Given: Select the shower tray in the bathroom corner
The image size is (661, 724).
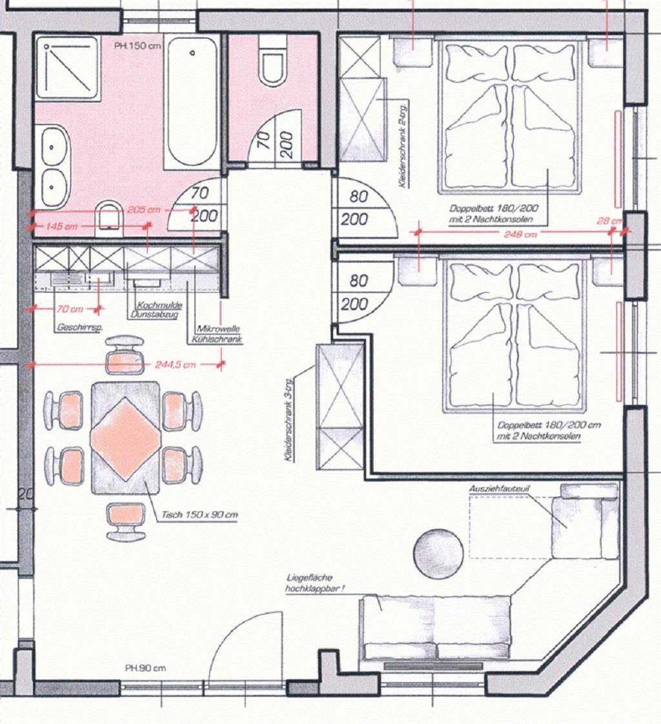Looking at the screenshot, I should (68, 67).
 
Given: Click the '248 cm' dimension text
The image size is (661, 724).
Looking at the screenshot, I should (521, 235).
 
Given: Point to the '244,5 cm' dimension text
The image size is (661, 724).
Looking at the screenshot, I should (175, 365).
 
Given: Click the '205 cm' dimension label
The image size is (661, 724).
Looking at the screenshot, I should (144, 210).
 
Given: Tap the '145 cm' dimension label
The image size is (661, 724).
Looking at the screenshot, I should (62, 226).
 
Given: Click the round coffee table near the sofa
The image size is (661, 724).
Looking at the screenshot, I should (439, 554).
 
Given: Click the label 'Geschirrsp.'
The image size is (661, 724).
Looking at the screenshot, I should (81, 328).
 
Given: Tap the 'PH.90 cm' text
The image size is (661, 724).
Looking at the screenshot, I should (145, 668).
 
